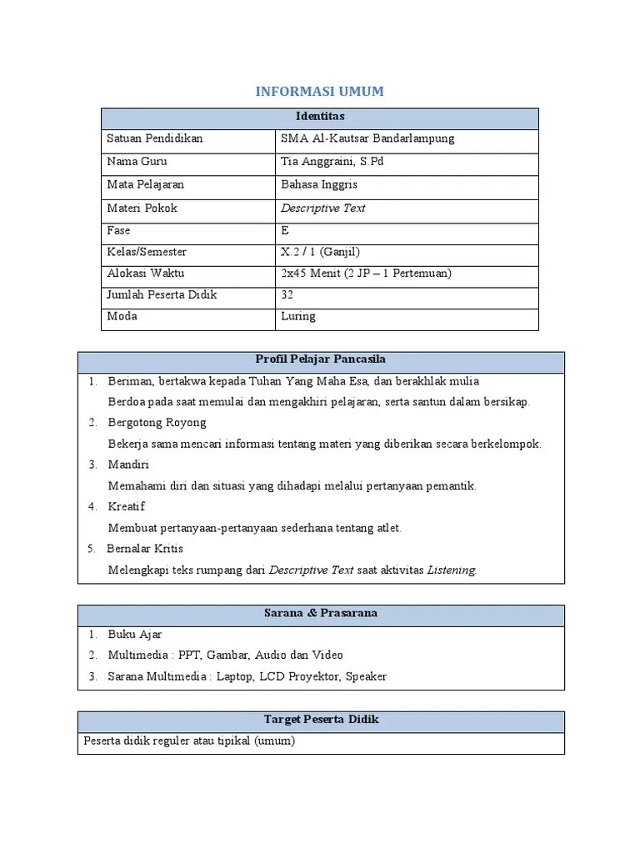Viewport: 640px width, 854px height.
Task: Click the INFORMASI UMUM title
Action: [319, 92]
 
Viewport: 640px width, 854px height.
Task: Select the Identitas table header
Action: [319, 117]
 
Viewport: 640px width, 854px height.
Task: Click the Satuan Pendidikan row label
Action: [155, 138]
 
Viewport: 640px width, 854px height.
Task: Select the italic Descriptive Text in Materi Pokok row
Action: [323, 208]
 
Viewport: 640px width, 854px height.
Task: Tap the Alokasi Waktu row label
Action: [146, 274]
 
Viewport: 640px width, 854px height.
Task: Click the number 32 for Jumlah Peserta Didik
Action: [287, 295]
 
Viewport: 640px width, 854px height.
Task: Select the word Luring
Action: [298, 317]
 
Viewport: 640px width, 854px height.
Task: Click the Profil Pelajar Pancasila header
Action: [320, 359]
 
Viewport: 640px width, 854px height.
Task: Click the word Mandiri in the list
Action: [128, 465]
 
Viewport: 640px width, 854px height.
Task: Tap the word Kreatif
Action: [126, 506]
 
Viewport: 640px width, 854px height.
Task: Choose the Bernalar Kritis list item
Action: [145, 549]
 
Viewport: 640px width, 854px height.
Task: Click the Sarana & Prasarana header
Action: [320, 613]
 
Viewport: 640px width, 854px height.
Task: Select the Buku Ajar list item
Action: [134, 635]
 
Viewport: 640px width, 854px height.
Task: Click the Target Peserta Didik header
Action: [321, 719]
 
